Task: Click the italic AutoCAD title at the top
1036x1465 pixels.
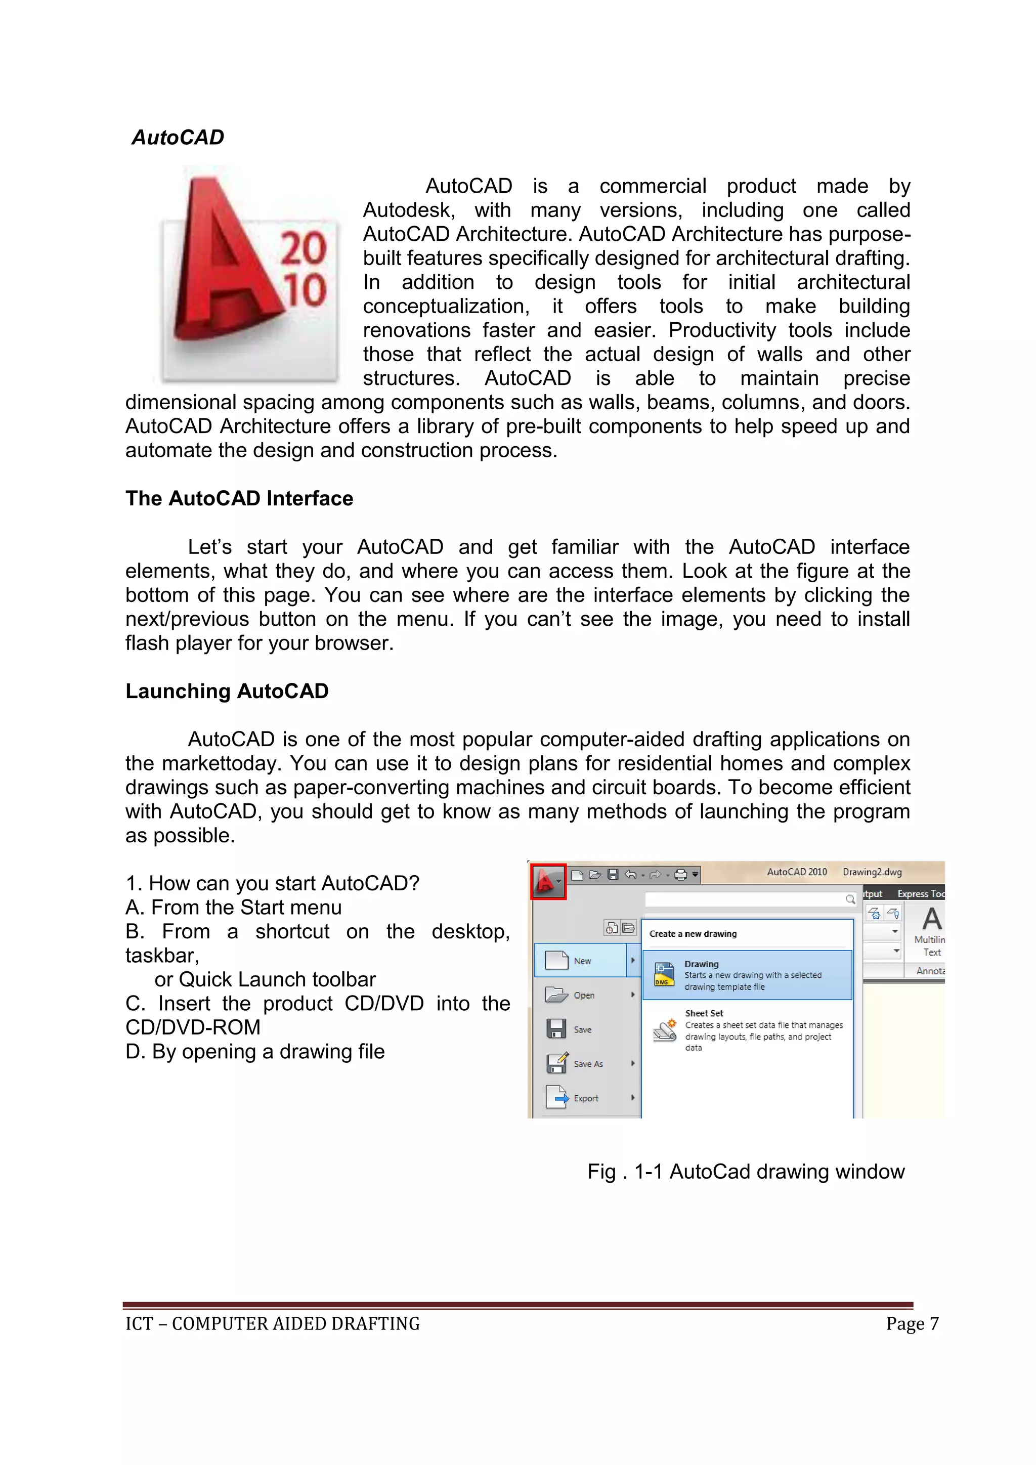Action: (178, 138)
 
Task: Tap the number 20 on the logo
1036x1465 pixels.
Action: (304, 248)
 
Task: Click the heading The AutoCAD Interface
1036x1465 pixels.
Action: (239, 498)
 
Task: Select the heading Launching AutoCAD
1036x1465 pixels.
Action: (227, 691)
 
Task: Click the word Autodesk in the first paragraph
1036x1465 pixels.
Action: (408, 210)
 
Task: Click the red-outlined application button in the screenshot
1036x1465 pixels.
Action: (548, 882)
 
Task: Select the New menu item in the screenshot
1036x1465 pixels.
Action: (582, 961)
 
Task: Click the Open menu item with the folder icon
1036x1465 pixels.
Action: (584, 996)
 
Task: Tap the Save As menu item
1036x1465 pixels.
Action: (587, 1064)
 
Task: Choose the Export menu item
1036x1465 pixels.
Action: (586, 1098)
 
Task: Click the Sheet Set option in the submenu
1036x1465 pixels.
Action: (704, 1013)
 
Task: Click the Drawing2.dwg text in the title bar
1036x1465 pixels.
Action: (872, 872)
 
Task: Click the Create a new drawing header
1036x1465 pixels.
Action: (693, 933)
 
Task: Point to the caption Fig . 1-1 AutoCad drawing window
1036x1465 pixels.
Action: (746, 1172)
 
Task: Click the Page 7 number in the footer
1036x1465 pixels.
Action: (912, 1324)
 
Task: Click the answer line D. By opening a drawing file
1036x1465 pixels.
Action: (255, 1052)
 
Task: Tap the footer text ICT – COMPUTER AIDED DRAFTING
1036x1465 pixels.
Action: (272, 1324)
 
